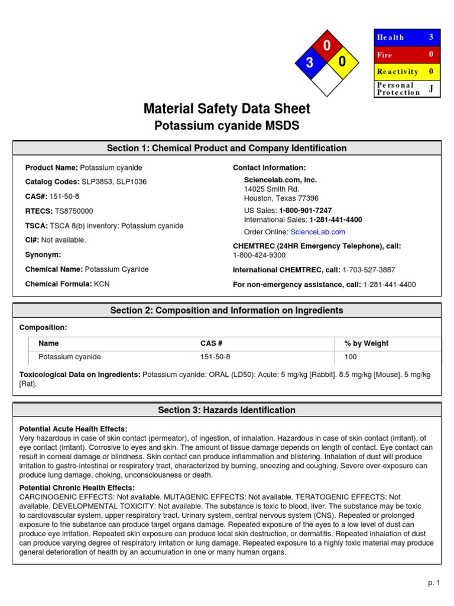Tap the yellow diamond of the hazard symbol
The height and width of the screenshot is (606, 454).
[x=342, y=62]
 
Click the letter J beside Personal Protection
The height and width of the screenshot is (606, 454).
[x=431, y=88]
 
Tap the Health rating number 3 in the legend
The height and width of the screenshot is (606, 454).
[x=431, y=37]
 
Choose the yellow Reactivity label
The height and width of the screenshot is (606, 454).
[x=398, y=72]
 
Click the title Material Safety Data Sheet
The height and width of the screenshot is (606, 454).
[x=227, y=109]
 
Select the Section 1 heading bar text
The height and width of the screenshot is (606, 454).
[x=227, y=148]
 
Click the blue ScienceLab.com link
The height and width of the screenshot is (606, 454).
[x=317, y=232]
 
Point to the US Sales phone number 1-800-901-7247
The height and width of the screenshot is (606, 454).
[x=305, y=211]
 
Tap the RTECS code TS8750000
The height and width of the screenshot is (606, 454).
[x=73, y=211]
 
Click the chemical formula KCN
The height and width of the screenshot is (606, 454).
[x=101, y=284]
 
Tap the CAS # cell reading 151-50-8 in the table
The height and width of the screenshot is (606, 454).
[x=215, y=357]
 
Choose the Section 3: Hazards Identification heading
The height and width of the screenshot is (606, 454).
[x=227, y=410]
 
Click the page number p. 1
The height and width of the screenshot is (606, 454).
[x=434, y=583]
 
